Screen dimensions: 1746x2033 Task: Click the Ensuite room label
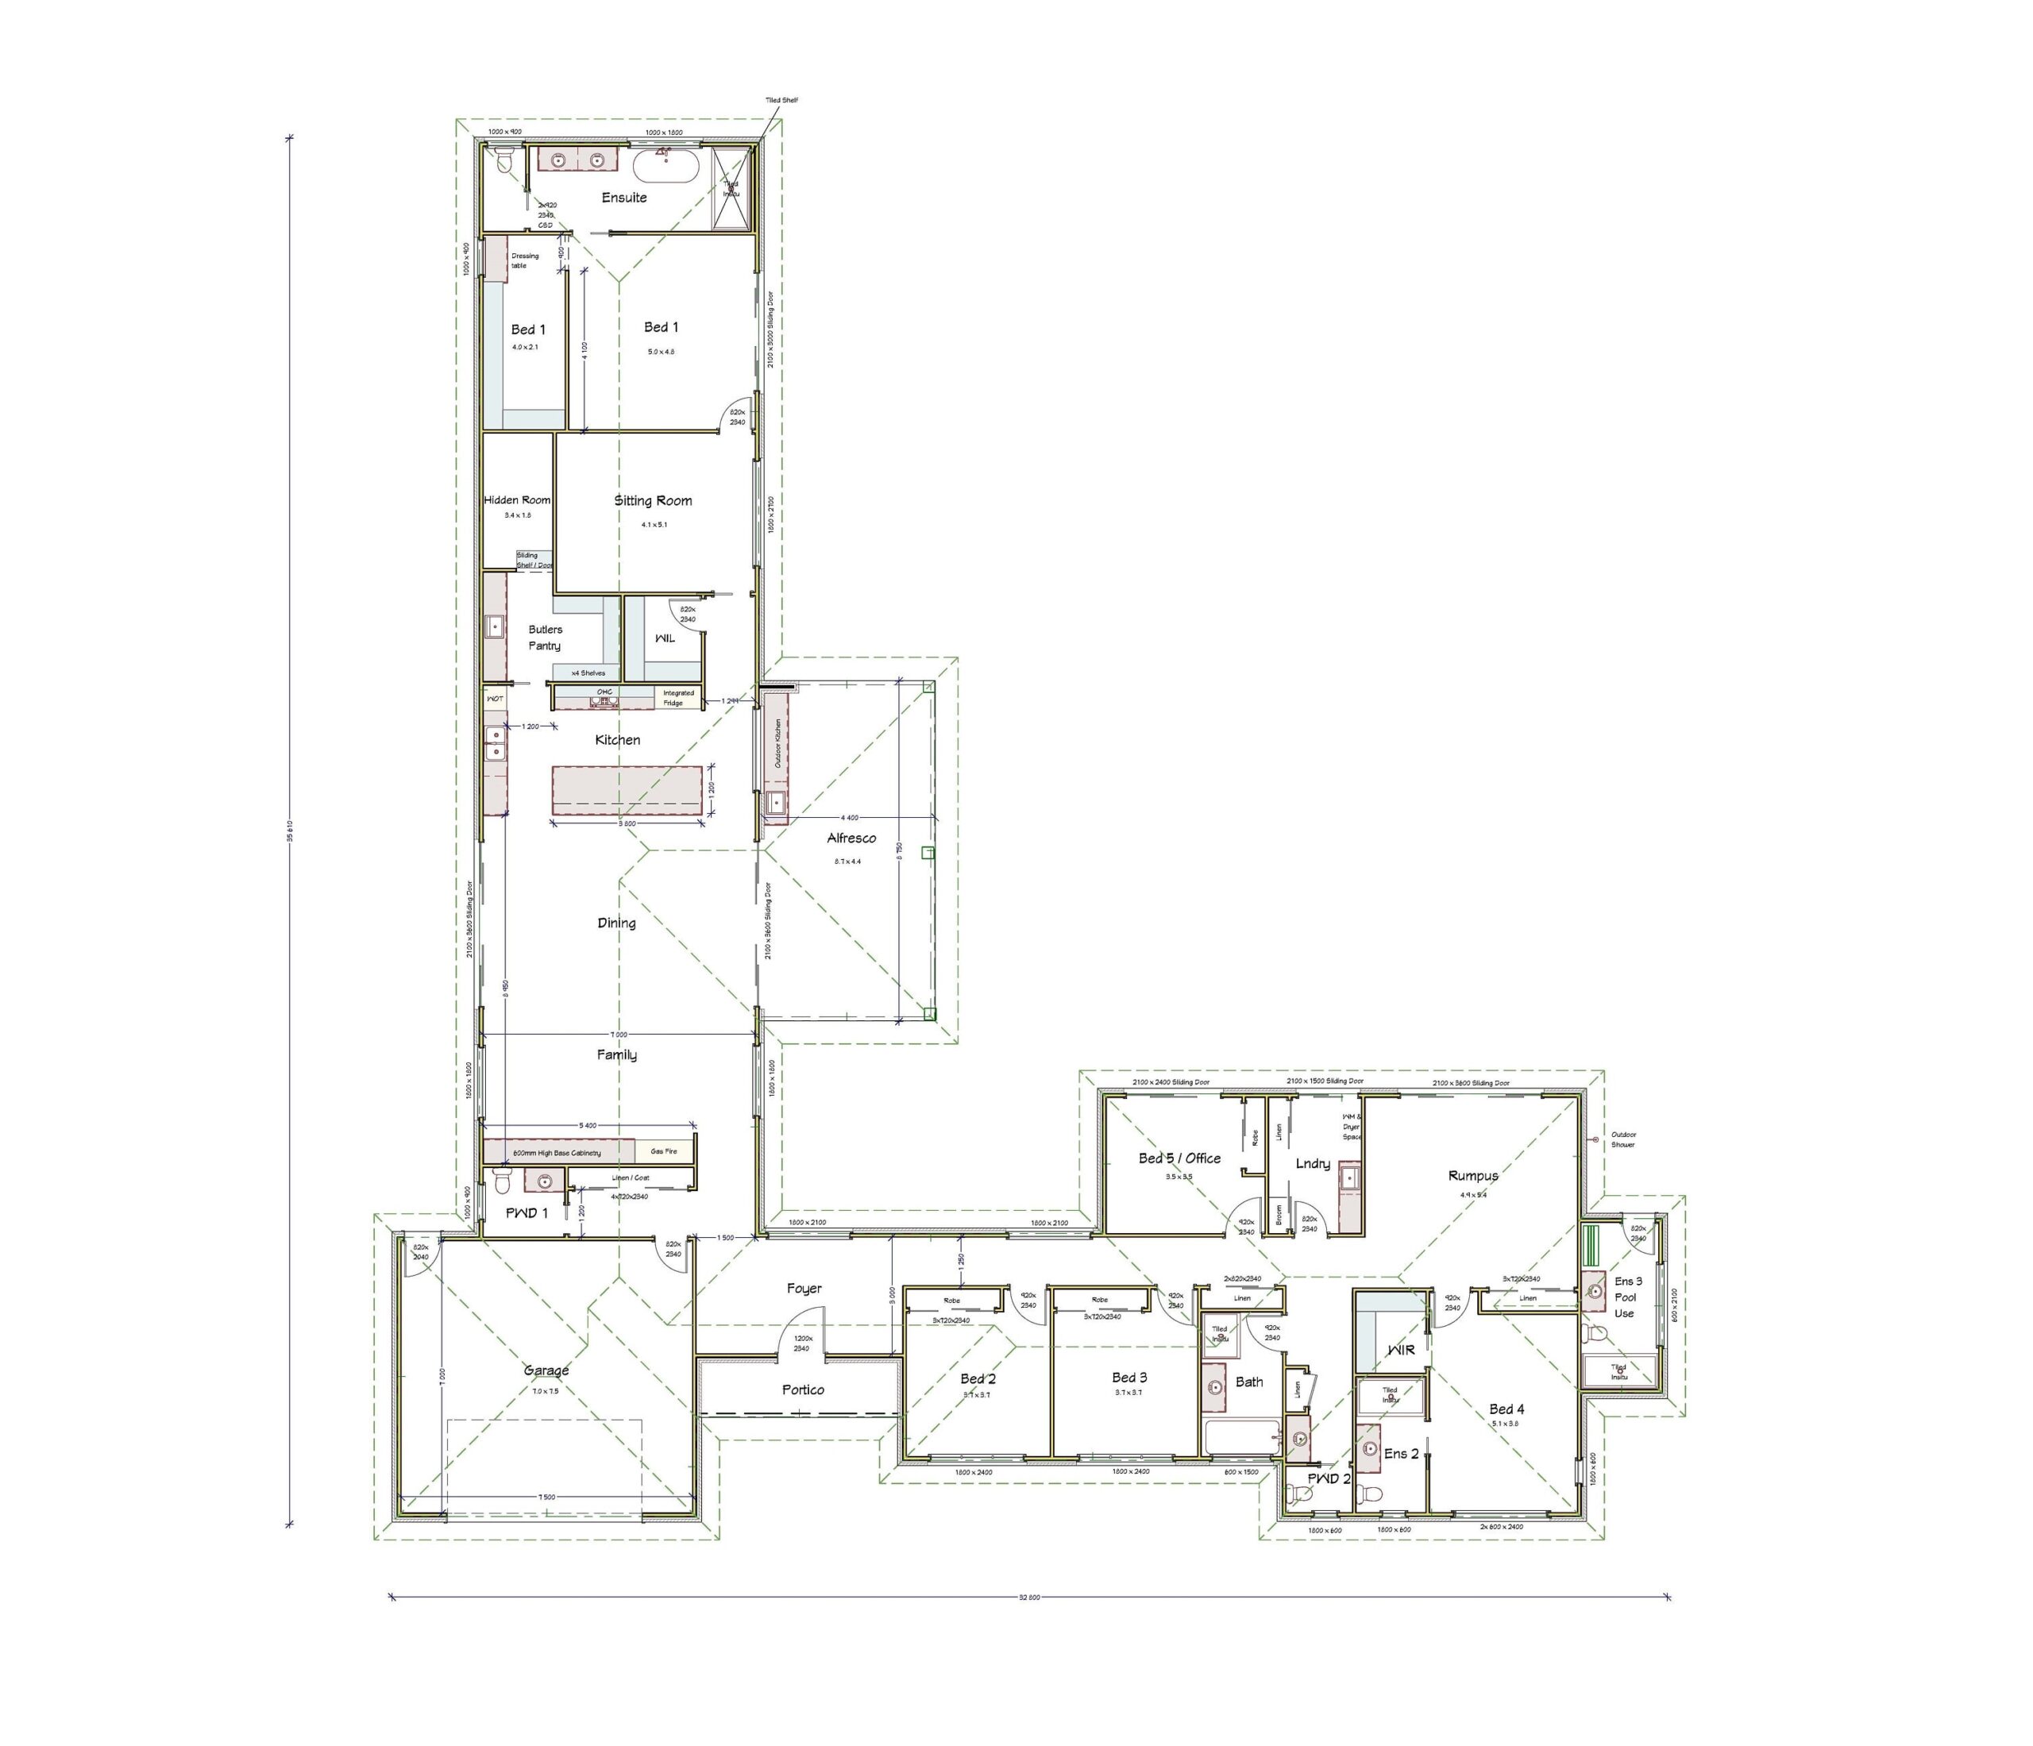(x=624, y=197)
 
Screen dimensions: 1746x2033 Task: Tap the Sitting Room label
(x=653, y=500)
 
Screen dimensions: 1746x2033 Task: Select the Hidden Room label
(x=517, y=500)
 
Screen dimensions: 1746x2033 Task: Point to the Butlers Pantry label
(x=545, y=638)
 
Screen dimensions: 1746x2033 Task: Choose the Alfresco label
(x=851, y=838)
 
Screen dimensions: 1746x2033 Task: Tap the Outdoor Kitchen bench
(x=775, y=755)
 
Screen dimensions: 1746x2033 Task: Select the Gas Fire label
(x=663, y=1151)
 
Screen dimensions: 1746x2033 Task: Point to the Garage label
(x=546, y=1370)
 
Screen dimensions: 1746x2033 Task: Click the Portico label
(x=803, y=1390)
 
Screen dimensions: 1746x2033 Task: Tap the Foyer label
(x=804, y=1288)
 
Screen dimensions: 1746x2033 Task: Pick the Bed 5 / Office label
(x=1179, y=1158)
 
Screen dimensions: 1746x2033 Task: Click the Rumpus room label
(x=1473, y=1175)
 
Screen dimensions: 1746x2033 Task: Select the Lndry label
(x=1312, y=1164)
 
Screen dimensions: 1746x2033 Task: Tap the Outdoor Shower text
(x=1623, y=1140)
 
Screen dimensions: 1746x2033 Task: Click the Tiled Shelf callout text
(x=782, y=100)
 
